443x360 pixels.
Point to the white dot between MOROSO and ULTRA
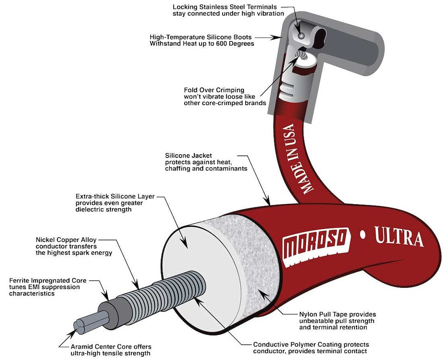pos(362,235)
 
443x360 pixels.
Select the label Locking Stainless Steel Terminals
pos(228,10)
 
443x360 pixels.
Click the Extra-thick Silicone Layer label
pos(115,203)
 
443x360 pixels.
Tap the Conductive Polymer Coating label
pos(311,348)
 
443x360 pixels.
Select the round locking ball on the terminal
pos(301,36)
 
